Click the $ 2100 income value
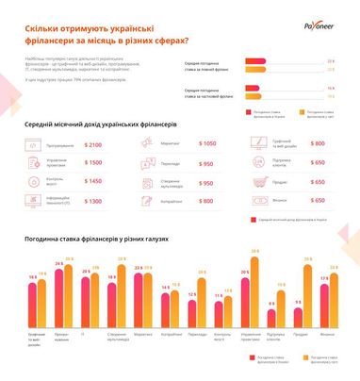[93, 144]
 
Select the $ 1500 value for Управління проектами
[93, 162]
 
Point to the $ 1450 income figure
[93, 181]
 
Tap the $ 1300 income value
[93, 200]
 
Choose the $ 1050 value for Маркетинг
[207, 143]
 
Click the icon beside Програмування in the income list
[33, 144]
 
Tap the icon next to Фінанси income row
[260, 200]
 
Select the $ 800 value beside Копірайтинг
[207, 200]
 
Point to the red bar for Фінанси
[325, 306]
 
